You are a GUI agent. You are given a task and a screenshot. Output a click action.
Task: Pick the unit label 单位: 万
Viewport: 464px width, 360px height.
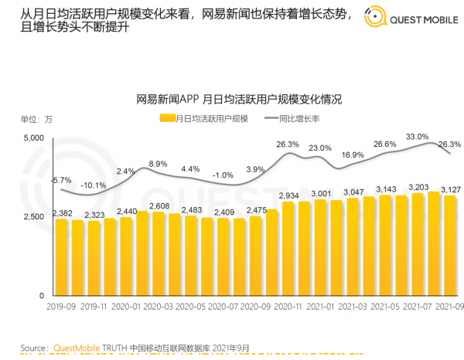pyautogui.click(x=36, y=118)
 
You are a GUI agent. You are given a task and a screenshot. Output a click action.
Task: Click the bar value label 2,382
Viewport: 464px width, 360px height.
pyautogui.click(x=63, y=213)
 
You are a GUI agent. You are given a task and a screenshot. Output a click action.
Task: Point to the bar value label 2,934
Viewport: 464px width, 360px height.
pyautogui.click(x=288, y=195)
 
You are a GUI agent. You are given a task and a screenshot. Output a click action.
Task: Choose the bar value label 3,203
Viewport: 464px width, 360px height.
pyautogui.click(x=417, y=187)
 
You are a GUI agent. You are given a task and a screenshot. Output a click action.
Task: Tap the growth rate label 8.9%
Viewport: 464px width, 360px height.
pyautogui.click(x=158, y=164)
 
